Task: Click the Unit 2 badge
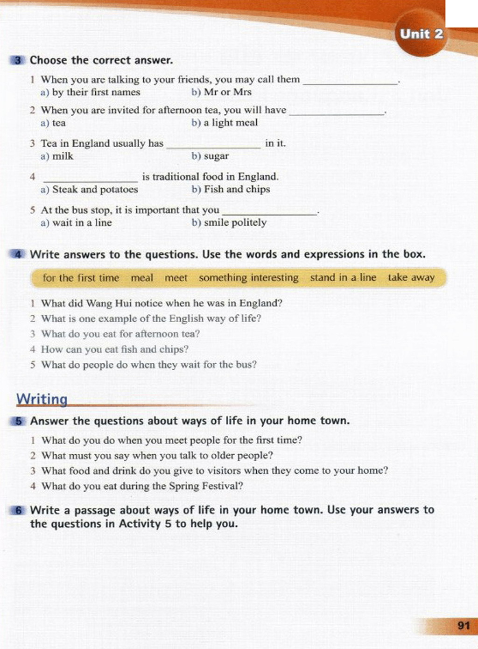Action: point(421,34)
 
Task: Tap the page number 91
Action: point(464,625)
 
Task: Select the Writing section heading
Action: point(42,399)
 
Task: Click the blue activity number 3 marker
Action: point(18,60)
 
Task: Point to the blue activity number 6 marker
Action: point(18,510)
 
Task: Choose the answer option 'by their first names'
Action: point(96,92)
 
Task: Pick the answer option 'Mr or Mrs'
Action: point(227,92)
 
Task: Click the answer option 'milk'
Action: point(63,156)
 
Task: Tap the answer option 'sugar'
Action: point(216,156)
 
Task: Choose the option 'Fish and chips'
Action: point(237,189)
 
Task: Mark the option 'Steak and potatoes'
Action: point(95,189)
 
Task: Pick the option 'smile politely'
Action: point(235,222)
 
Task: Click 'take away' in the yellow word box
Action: point(411,277)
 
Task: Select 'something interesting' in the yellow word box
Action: point(248,277)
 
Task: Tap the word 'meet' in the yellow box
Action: point(176,278)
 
